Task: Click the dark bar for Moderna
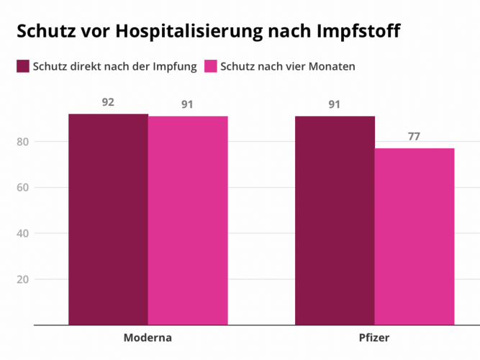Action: pyautogui.click(x=108, y=220)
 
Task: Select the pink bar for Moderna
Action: pyautogui.click(x=188, y=220)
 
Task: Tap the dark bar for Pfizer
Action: pyautogui.click(x=335, y=220)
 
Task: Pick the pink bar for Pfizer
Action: pyautogui.click(x=415, y=236)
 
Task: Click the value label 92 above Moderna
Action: pyautogui.click(x=108, y=102)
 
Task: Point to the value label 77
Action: pyautogui.click(x=414, y=136)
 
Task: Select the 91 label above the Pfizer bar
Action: pyautogui.click(x=335, y=104)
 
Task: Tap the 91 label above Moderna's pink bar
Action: pyautogui.click(x=187, y=104)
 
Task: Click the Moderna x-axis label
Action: pyautogui.click(x=148, y=338)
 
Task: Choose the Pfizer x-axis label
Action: pyautogui.click(x=374, y=338)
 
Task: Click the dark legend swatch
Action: pyautogui.click(x=23, y=67)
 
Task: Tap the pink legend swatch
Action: pyautogui.click(x=211, y=67)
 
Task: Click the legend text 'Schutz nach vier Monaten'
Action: pyautogui.click(x=288, y=67)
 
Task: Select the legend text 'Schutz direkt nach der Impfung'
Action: pyautogui.click(x=115, y=67)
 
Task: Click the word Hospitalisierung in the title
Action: pyautogui.click(x=190, y=32)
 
